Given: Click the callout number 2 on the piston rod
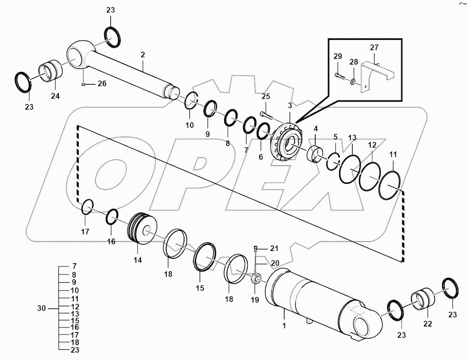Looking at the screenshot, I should point(143,54).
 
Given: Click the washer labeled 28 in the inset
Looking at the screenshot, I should point(353,82).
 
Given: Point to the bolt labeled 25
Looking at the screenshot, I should point(266,115).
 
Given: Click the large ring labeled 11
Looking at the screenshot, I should point(390,185).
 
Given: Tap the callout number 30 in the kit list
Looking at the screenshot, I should point(42,308).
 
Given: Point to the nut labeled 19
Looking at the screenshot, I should point(255,278).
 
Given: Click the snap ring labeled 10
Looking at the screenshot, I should point(192,101).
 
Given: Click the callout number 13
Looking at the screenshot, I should point(352,137).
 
